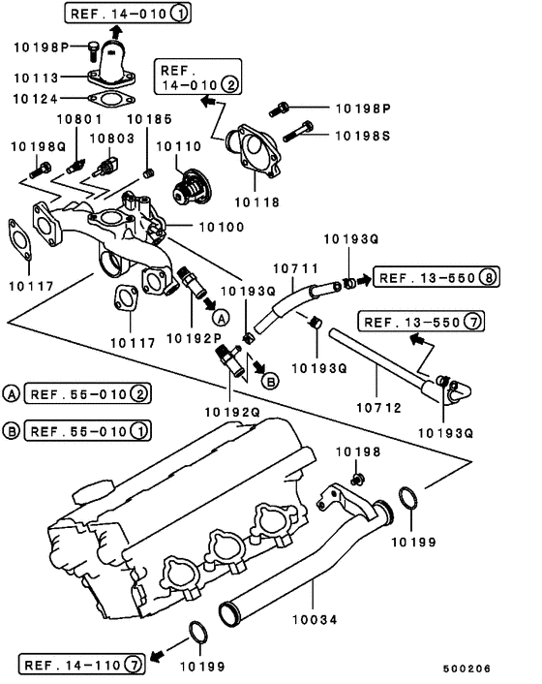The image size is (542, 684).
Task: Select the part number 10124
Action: tap(38, 99)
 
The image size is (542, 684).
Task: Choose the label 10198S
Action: tap(364, 137)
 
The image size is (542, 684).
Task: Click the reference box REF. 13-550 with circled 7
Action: tap(421, 320)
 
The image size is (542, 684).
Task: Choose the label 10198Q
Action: tap(37, 146)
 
